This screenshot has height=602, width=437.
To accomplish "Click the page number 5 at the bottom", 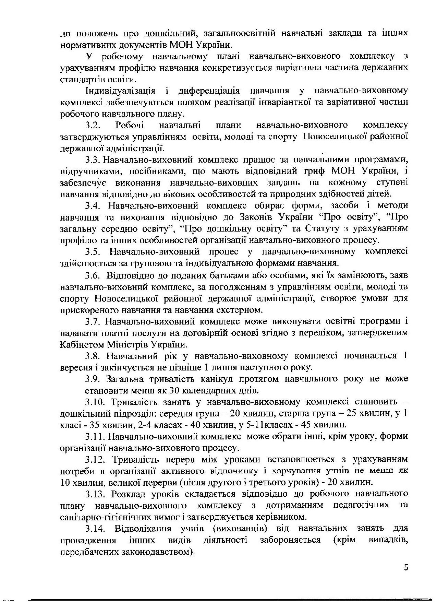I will point(406,568).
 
